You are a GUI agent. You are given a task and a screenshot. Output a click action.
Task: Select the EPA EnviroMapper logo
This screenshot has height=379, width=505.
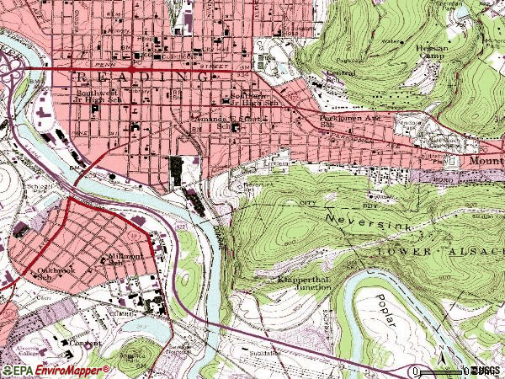pos(56,370)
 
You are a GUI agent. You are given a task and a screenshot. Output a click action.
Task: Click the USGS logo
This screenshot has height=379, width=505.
pos(486,370)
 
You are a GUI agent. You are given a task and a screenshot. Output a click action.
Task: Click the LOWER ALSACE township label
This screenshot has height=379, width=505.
pos(429,251)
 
